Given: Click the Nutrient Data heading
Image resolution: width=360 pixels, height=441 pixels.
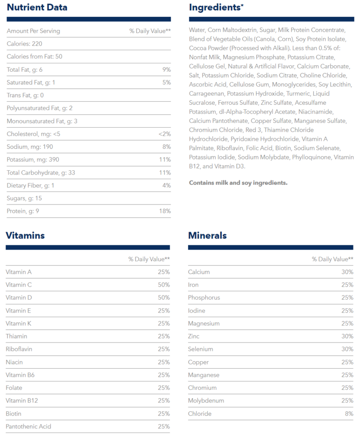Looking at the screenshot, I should tap(37, 8).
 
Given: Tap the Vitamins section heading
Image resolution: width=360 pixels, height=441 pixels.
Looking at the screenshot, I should tap(25, 236).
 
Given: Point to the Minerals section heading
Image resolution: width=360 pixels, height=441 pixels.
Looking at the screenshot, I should tap(207, 236).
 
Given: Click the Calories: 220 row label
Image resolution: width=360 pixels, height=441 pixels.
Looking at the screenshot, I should tap(24, 44).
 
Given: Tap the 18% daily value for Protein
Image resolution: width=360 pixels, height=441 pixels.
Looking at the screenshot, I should tap(165, 211).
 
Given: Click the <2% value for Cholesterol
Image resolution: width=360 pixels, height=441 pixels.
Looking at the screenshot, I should tap(164, 134).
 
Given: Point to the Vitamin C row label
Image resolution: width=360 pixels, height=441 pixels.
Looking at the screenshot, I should tap(19, 285).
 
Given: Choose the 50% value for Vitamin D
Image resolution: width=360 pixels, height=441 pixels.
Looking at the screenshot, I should tap(164, 298).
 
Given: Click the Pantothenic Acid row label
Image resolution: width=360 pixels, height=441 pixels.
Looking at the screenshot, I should tap(28, 426).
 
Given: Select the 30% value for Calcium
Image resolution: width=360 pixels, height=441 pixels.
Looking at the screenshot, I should tap(347, 272).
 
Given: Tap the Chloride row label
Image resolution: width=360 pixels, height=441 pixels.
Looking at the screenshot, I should tap(200, 414).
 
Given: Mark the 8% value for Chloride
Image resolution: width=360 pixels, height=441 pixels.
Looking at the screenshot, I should tap(349, 414).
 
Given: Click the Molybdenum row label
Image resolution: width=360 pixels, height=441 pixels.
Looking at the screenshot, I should tap(206, 401).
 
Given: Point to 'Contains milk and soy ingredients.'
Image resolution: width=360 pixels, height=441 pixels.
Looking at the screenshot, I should tap(238, 183).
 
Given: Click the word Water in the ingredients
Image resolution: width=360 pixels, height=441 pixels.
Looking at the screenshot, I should tap(197, 30).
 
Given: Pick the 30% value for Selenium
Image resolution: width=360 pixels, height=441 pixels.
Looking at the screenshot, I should tap(347, 349).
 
